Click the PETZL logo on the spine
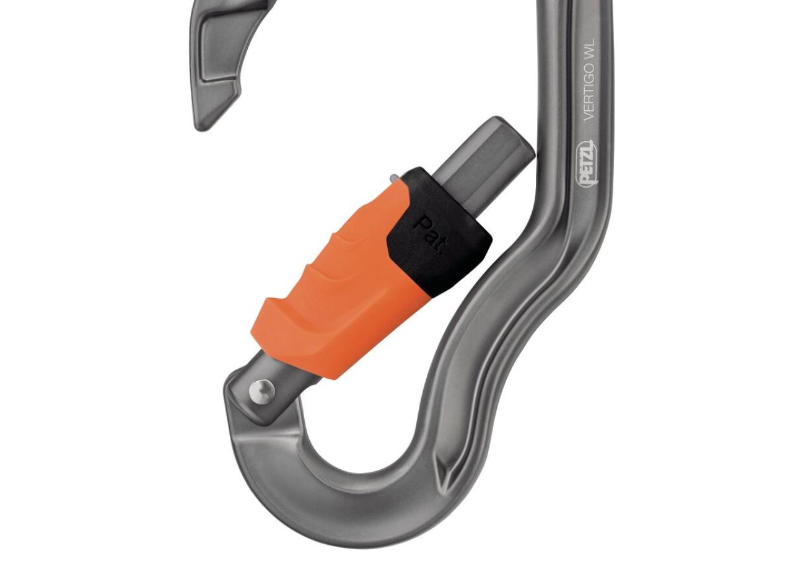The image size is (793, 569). (587, 162)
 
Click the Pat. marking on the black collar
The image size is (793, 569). (428, 236)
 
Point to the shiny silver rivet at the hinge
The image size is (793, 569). (261, 390)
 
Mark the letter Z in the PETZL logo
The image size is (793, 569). (587, 153)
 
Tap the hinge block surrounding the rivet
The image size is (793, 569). (248, 397)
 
